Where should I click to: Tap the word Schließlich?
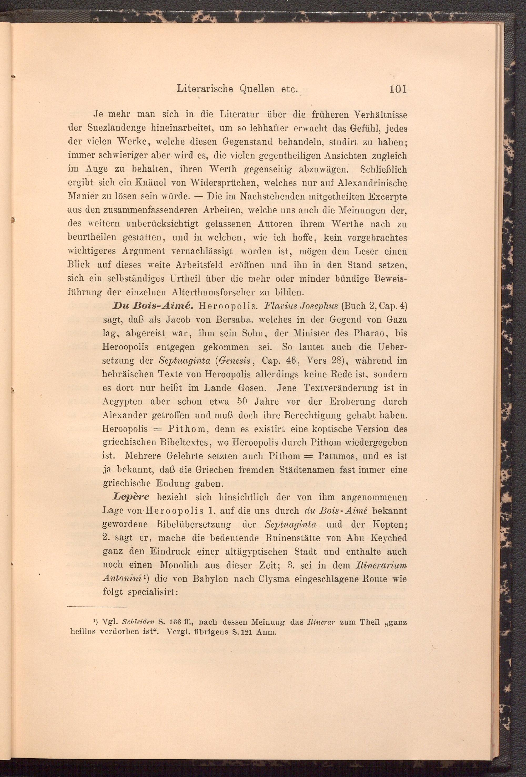tap(383, 169)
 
